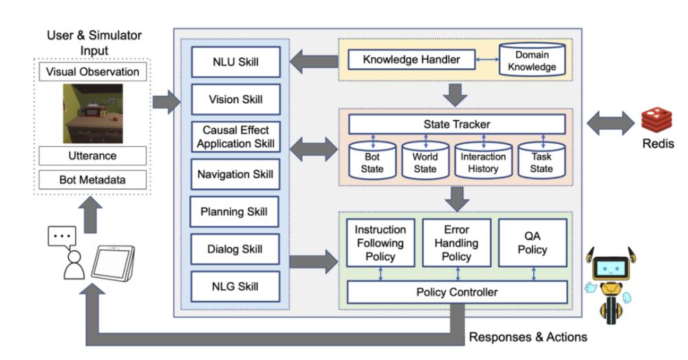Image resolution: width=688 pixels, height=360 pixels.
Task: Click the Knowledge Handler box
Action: tap(413, 60)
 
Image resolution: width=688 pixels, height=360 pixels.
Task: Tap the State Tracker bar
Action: tap(457, 125)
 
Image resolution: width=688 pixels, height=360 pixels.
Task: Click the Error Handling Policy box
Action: tap(457, 242)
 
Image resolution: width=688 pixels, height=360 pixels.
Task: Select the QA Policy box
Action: tap(533, 242)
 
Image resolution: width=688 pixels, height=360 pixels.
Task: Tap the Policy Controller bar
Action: tap(457, 293)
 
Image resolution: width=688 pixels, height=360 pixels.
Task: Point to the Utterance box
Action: tap(92, 156)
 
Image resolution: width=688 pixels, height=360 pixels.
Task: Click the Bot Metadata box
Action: tap(92, 180)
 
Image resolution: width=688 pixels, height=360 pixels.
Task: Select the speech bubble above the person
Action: tap(61, 235)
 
